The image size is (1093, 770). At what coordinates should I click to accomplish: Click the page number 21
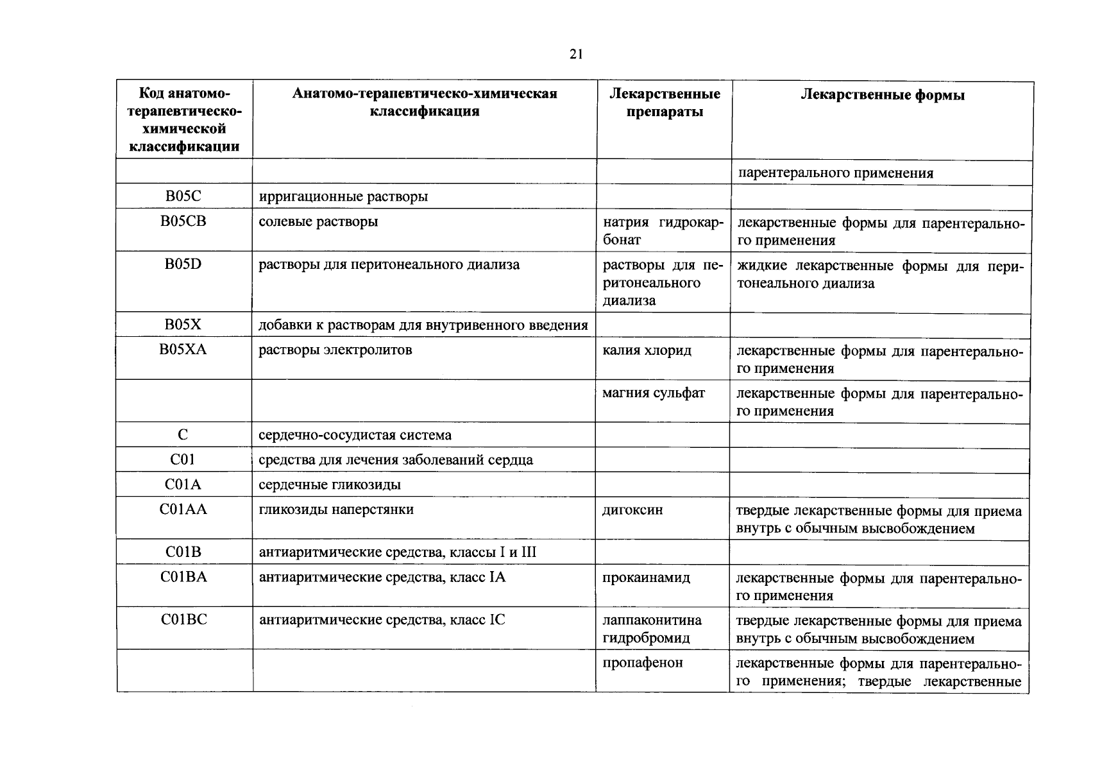(x=575, y=55)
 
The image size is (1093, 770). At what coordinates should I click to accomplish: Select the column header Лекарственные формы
(x=883, y=96)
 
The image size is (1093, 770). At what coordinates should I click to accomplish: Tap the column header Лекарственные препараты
(x=664, y=103)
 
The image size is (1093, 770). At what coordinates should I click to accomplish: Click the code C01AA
(x=183, y=509)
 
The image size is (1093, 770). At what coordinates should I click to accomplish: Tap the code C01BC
(x=183, y=620)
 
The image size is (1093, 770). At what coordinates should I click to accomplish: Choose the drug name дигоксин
(x=632, y=510)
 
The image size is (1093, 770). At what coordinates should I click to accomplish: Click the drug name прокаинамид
(x=646, y=577)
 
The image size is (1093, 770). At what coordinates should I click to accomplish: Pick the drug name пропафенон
(x=643, y=663)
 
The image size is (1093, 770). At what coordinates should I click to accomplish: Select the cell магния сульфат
(x=653, y=393)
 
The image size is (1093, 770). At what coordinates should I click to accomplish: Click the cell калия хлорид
(x=647, y=350)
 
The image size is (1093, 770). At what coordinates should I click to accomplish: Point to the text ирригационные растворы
(x=343, y=196)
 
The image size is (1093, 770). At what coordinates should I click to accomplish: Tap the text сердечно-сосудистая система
(x=355, y=435)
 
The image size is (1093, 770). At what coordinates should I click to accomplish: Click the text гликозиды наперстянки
(x=336, y=509)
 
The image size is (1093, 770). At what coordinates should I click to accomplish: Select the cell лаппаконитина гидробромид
(x=652, y=629)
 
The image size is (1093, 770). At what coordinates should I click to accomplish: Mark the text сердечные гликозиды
(x=330, y=484)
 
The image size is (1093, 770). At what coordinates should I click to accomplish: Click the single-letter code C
(x=183, y=435)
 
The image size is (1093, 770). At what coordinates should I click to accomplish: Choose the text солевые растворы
(x=318, y=221)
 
